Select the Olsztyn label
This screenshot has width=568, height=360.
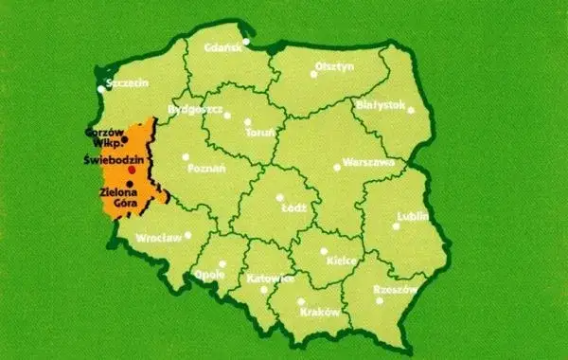(x=334, y=67)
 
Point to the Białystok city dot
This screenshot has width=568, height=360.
(x=412, y=112)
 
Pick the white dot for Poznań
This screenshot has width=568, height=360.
(x=186, y=156)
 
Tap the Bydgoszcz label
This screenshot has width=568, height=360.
(x=194, y=110)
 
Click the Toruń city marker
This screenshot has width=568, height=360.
(x=248, y=122)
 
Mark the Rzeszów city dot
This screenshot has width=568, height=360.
(x=382, y=300)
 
